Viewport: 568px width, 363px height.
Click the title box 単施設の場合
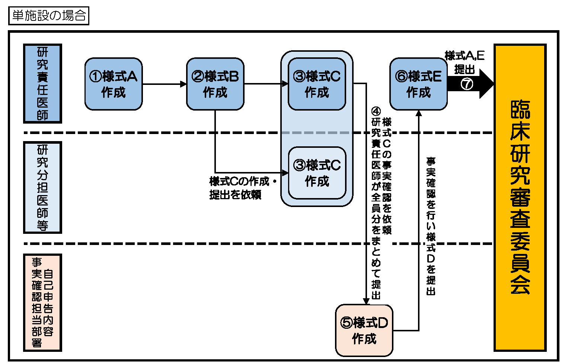(x=49, y=16)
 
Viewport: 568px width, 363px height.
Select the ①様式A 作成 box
(x=114, y=84)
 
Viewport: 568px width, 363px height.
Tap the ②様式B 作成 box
(x=215, y=84)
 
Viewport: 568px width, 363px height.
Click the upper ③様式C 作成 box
(x=317, y=84)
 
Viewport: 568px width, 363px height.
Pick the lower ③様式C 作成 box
(x=317, y=173)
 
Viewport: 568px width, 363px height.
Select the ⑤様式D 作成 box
(x=364, y=331)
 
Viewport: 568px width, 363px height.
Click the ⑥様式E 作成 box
(x=418, y=84)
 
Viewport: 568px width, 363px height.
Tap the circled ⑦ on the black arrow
(x=467, y=84)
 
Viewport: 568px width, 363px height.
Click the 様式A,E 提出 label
(x=465, y=62)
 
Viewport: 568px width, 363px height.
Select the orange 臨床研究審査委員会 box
(x=520, y=197)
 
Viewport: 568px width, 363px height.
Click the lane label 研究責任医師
(x=42, y=84)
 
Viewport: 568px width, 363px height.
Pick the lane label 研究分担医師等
(x=42, y=187)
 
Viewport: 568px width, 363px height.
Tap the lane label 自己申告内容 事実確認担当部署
(x=42, y=302)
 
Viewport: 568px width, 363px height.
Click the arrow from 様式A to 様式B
(x=164, y=84)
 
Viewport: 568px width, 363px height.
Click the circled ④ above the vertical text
(x=376, y=111)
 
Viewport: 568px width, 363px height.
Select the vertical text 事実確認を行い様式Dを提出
(x=431, y=226)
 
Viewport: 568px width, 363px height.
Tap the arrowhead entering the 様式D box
(x=366, y=301)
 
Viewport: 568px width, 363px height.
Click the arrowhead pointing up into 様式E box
(x=419, y=113)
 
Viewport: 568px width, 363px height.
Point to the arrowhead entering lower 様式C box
(x=285, y=173)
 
